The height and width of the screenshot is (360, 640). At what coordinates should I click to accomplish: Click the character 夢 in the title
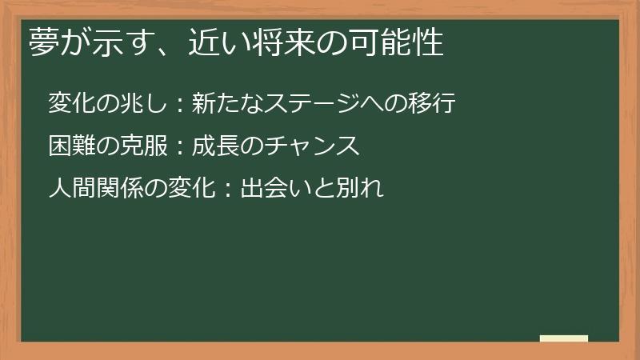(x=44, y=42)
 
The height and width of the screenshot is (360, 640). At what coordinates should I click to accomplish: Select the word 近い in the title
(x=206, y=42)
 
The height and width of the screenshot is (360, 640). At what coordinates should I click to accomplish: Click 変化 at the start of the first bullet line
(x=70, y=103)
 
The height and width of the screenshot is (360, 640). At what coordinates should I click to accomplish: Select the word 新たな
(x=224, y=103)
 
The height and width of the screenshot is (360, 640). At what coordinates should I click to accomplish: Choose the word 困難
(x=70, y=146)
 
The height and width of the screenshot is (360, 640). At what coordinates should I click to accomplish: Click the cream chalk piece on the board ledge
(x=564, y=338)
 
